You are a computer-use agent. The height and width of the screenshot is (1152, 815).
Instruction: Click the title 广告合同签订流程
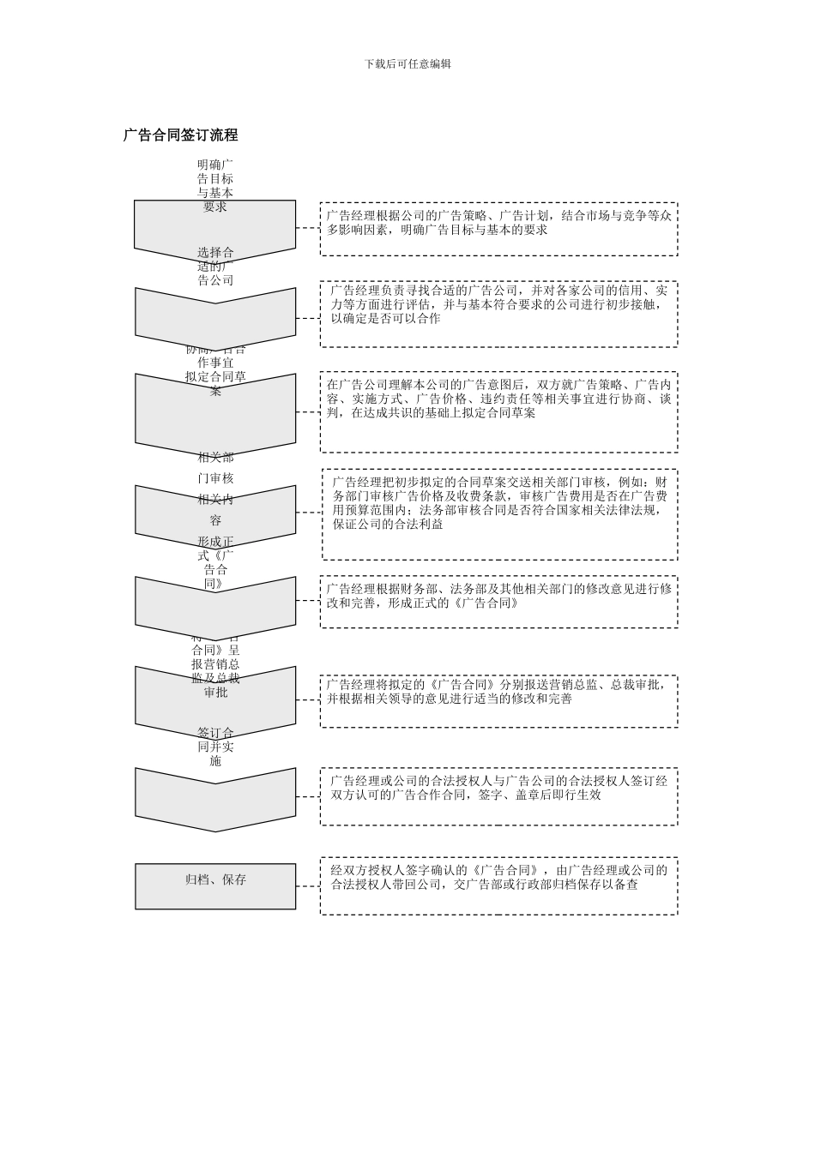(x=180, y=135)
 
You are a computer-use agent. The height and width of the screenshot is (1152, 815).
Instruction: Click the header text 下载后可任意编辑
(x=407, y=63)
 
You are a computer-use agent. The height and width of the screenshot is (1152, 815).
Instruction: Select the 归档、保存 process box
(x=215, y=886)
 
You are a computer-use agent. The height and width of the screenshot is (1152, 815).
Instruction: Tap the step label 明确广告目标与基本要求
(x=215, y=185)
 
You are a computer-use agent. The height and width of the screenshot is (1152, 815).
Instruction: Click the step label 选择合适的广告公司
(x=215, y=266)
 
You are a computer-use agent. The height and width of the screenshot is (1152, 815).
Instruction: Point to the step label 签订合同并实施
(x=215, y=747)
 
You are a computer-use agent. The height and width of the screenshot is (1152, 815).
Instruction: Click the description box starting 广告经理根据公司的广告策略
(x=498, y=229)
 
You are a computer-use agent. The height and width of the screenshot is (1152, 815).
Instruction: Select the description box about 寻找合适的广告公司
(x=498, y=314)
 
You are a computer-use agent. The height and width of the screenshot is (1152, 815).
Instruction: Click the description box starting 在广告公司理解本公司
(x=498, y=411)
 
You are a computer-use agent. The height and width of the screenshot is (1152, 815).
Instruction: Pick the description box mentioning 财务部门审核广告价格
(x=498, y=514)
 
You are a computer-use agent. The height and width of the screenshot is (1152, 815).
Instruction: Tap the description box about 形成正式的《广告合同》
(x=498, y=602)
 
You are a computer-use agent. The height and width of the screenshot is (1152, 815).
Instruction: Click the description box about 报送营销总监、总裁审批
(x=498, y=701)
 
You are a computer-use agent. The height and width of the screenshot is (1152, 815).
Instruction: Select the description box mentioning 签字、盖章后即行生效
(x=498, y=796)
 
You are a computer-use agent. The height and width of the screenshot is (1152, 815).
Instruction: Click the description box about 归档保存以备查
(x=498, y=885)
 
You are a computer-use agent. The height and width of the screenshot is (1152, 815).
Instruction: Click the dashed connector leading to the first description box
(x=308, y=228)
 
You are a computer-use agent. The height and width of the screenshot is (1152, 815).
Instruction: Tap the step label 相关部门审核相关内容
(x=215, y=489)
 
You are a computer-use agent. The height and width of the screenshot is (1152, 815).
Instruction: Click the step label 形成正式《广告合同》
(x=215, y=562)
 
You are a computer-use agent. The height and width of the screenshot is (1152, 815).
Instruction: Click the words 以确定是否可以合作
(x=385, y=319)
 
